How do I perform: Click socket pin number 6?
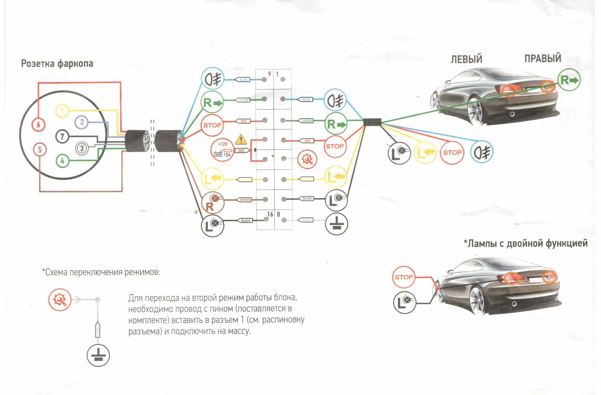pos(38,125)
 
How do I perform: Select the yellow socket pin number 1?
pos(62,111)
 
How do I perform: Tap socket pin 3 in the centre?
pos(82,148)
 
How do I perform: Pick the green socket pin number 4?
pos(63,161)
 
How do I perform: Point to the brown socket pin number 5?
pos(40,150)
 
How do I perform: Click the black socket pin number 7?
pos(62,137)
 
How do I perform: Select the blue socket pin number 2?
pos(82,122)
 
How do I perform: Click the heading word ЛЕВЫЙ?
pos(466,59)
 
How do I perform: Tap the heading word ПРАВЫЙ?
pos(543,58)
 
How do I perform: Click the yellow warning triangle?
pos(241,139)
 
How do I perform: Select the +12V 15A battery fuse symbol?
pos(222,150)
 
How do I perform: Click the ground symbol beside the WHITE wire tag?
pos(337,224)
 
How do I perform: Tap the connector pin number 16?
pos(266,219)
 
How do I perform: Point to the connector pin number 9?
pos(264,79)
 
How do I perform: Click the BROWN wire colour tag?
pos(245,200)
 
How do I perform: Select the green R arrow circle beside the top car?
pos(569,80)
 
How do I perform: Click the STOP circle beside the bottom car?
pos(403,277)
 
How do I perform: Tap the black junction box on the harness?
pos(372,122)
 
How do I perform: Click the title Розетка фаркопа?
pos(57,64)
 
